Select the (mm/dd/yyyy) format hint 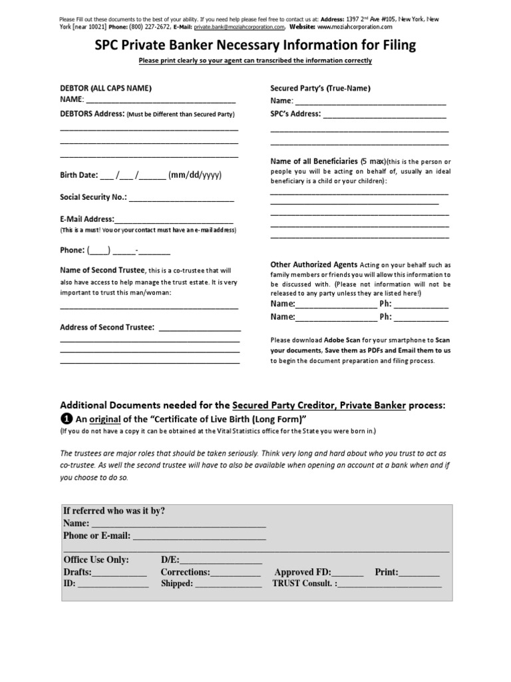tap(195, 176)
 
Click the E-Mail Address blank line tap(174, 220)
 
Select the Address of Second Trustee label tap(107, 328)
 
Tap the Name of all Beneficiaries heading tap(313, 162)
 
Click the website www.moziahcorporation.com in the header tap(355, 28)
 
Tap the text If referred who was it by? tap(114, 511)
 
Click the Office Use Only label tap(96, 559)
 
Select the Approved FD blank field tap(347, 572)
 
